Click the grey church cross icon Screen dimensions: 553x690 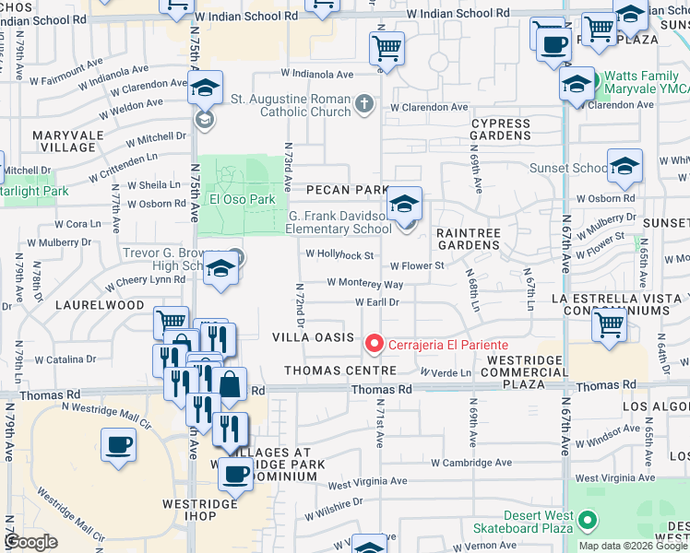pyautogui.click(x=365, y=103)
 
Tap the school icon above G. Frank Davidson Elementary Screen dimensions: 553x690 pyautogui.click(x=404, y=204)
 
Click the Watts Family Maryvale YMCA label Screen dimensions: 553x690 pyautogui.click(x=641, y=88)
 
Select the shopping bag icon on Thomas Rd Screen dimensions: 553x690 pyautogui.click(x=231, y=383)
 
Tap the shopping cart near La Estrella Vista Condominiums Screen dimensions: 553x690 pyautogui.click(x=609, y=324)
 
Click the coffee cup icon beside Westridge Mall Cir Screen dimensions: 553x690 pyautogui.click(x=118, y=446)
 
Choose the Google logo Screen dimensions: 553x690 pyautogui.click(x=30, y=543)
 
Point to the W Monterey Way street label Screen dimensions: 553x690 pyautogui.click(x=364, y=285)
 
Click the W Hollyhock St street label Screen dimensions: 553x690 pyautogui.click(x=339, y=255)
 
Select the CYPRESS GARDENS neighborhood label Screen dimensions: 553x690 pyautogui.click(x=501, y=129)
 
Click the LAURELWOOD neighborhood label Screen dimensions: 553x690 pyautogui.click(x=101, y=304)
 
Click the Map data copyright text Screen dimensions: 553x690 pyautogui.click(x=633, y=546)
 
